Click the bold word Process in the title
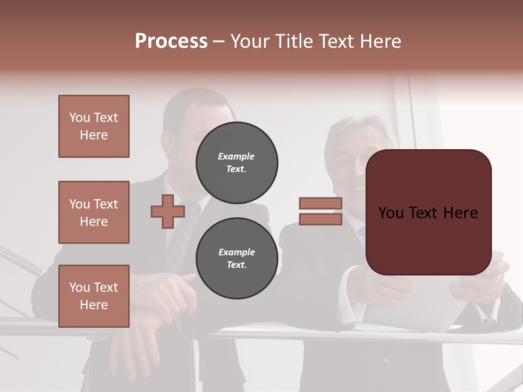point(171,41)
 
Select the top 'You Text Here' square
point(94,126)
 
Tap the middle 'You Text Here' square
point(94,212)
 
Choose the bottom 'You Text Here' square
point(94,296)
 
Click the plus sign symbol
point(167,212)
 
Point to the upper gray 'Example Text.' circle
point(236,162)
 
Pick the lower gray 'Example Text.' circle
point(236,258)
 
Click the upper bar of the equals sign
point(320,203)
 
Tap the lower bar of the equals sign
point(320,219)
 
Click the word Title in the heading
point(295,41)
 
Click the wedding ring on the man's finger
point(384,290)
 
